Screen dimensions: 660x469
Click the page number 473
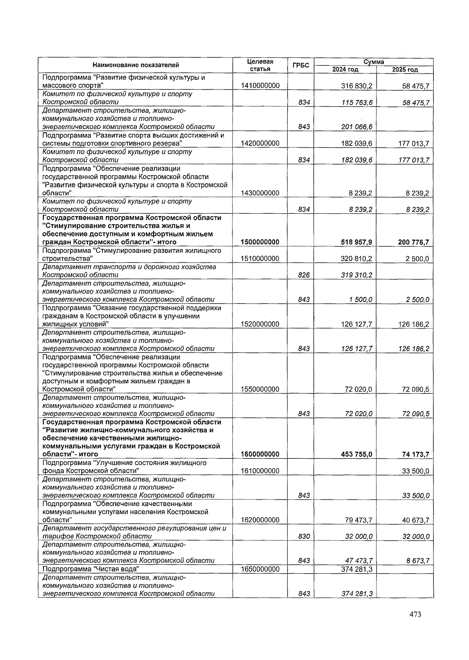[415, 614]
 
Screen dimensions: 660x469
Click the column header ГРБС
[301, 66]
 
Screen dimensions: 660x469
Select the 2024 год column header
[345, 70]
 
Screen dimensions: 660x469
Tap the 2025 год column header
[405, 70]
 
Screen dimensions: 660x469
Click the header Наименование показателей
[136, 66]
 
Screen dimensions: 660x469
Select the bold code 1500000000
[260, 242]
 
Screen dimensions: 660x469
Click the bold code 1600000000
[260, 454]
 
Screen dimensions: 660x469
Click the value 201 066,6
[356, 127]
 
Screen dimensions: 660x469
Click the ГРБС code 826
[304, 275]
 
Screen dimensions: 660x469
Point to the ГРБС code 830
[304, 537]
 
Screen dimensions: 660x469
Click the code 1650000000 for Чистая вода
[260, 569]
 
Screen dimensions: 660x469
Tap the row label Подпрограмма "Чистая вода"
[91, 569]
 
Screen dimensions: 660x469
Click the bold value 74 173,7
[415, 454]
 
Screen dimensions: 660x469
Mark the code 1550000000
[260, 389]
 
